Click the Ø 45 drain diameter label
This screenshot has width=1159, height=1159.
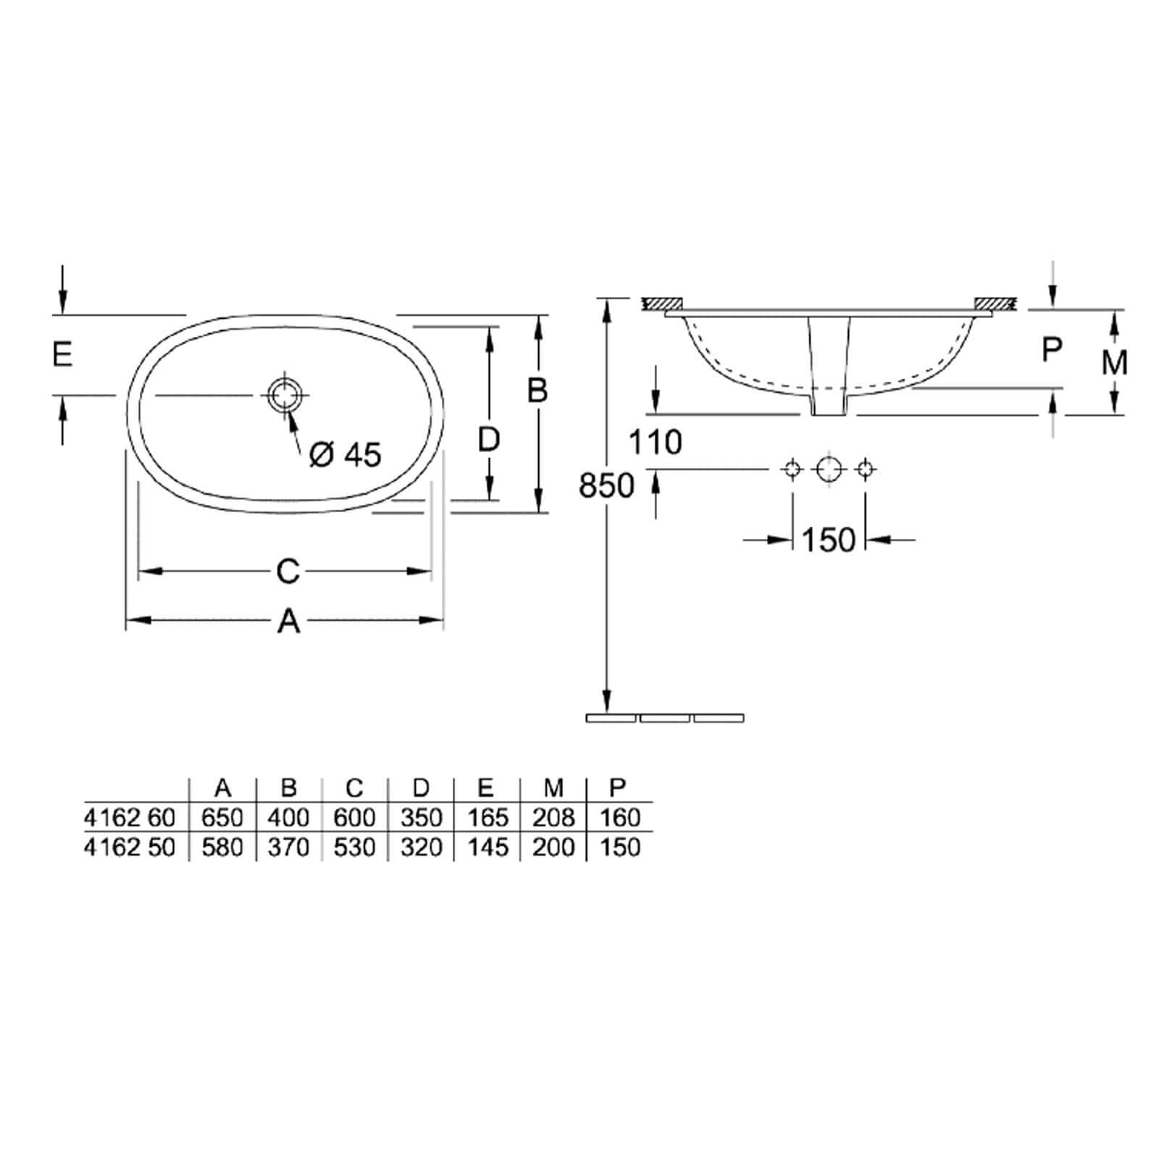click(345, 455)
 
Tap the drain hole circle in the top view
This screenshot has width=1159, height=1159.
click(285, 395)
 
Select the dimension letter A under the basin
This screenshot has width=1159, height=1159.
click(289, 621)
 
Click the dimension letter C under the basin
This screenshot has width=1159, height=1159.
click(288, 572)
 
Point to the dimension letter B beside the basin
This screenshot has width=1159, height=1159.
click(537, 390)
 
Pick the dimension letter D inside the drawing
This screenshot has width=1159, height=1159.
click(490, 439)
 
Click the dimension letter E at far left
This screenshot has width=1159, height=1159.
click(62, 355)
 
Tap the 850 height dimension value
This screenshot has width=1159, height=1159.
click(607, 485)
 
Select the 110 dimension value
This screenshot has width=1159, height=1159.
click(656, 442)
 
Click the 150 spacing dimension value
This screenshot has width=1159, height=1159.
click(829, 540)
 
